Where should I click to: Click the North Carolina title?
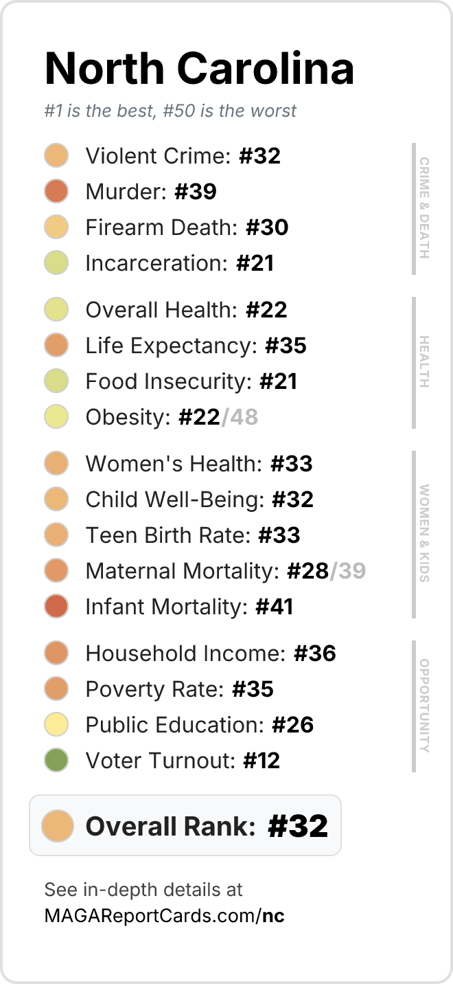199,68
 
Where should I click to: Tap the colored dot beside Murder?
56,191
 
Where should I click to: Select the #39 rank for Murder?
196,192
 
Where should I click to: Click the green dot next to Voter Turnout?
56,760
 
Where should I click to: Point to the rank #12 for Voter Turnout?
262,761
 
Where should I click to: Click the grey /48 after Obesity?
240,417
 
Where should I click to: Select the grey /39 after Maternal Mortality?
348,570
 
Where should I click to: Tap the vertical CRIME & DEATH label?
424,208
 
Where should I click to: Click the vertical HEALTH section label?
424,361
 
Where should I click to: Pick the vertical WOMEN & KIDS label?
424,533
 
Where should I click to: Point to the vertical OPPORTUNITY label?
424,706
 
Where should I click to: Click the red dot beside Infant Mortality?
56,606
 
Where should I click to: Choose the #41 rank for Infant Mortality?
275,607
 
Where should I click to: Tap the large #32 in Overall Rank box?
298,826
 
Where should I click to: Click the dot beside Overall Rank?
57,826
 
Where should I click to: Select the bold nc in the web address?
273,916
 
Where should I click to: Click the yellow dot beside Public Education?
56,724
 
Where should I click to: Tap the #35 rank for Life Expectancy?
286,346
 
